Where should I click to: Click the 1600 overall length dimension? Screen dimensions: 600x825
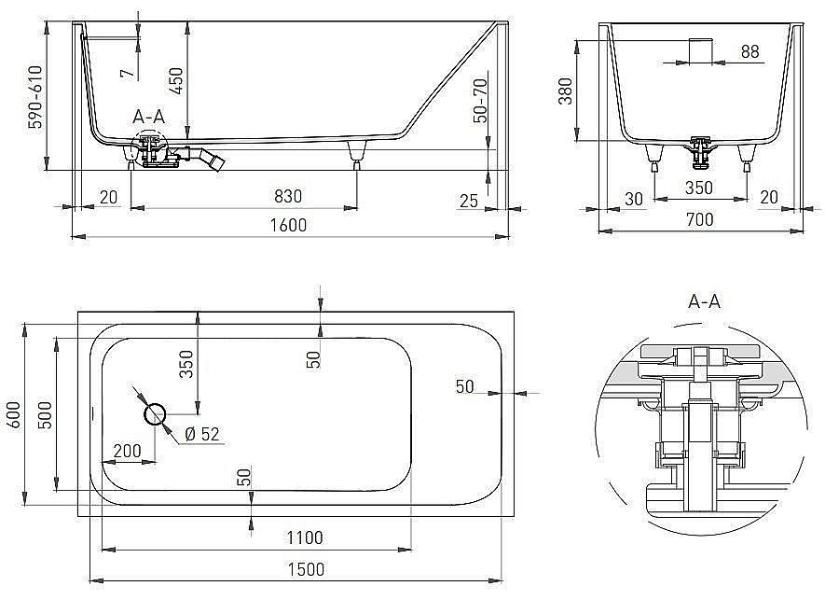289,225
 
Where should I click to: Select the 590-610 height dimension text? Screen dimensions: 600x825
35,97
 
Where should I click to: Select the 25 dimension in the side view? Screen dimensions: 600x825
469,201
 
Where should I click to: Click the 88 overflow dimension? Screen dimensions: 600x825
749,52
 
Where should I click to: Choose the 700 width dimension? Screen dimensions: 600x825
699,220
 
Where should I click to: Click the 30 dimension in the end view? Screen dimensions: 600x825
635,198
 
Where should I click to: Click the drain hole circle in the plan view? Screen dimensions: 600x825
155,413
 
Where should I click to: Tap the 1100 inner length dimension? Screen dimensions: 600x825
305,537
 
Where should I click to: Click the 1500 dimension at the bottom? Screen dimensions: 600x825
305,568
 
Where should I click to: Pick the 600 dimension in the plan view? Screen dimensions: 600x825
12,414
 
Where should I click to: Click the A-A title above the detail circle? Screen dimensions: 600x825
704,300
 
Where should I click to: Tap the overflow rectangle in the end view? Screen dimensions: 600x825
699,50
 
